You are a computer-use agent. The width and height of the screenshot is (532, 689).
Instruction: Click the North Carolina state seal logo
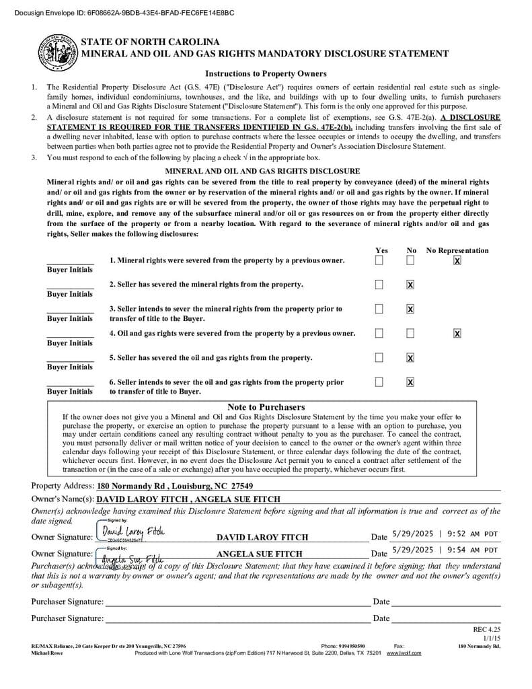point(57,52)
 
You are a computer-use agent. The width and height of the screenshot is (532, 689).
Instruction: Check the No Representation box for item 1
point(457,260)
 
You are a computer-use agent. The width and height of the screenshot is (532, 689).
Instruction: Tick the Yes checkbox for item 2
point(379,285)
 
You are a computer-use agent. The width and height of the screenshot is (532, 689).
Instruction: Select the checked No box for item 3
point(410,309)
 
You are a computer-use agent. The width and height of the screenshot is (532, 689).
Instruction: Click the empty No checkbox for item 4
point(410,333)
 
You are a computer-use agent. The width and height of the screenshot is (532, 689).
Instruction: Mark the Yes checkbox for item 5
point(379,357)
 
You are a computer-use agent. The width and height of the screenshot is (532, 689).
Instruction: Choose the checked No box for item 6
point(410,382)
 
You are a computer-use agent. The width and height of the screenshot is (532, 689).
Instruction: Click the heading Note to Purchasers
point(266,407)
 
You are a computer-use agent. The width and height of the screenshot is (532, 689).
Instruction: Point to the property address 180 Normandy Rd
point(175,486)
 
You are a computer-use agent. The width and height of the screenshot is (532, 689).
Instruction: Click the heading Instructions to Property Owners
point(266,74)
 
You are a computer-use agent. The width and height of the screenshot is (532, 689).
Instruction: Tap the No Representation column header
point(457,250)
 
